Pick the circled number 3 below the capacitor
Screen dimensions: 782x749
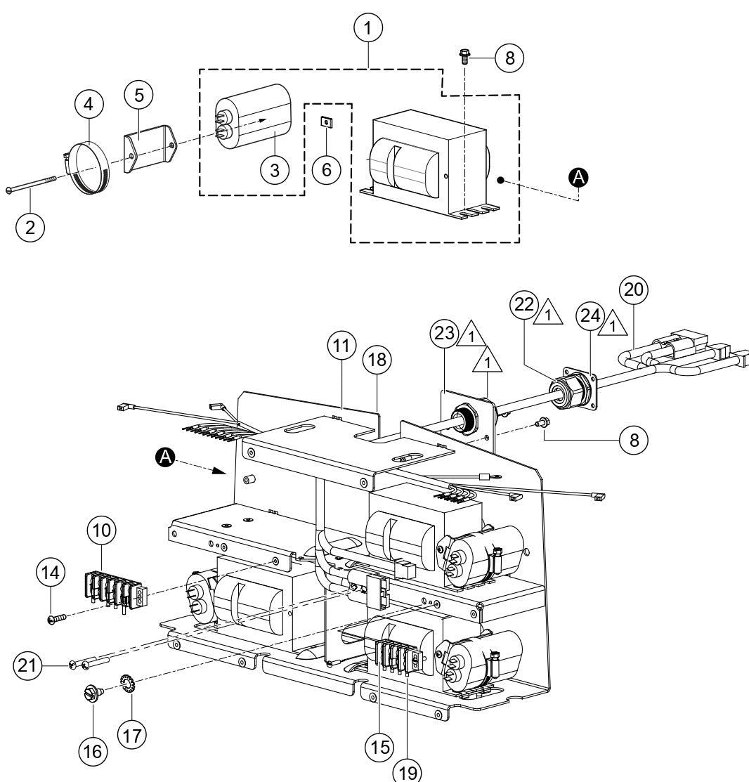(x=274, y=169)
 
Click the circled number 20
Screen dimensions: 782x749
(x=633, y=289)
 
